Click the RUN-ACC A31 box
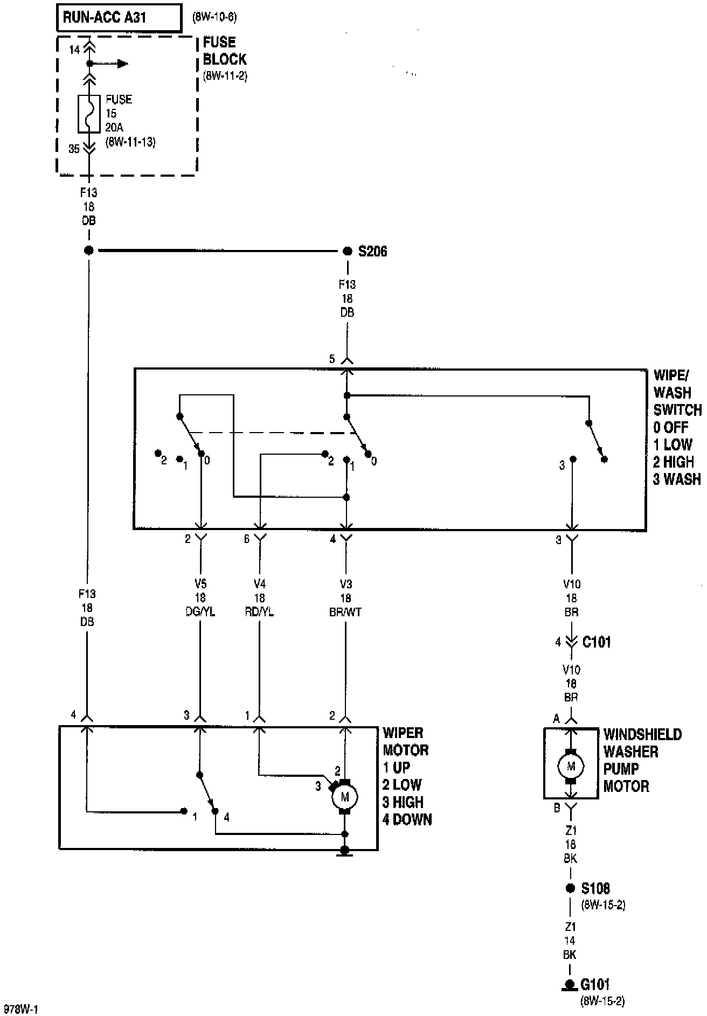point(119,17)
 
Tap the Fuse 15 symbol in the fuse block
point(89,114)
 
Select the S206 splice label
point(372,252)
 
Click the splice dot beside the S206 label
point(348,251)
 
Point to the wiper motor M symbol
point(345,796)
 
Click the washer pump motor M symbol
point(571,766)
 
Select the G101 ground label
point(595,985)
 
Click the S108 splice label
point(595,888)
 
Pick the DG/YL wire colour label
point(200,612)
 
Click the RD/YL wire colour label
point(260,612)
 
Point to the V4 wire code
point(260,584)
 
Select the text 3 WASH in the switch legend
point(677,479)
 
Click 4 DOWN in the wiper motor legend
point(407,819)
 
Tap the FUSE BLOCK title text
point(224,51)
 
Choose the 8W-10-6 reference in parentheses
point(214,17)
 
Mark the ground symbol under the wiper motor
point(344,851)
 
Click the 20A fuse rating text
point(115,128)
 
